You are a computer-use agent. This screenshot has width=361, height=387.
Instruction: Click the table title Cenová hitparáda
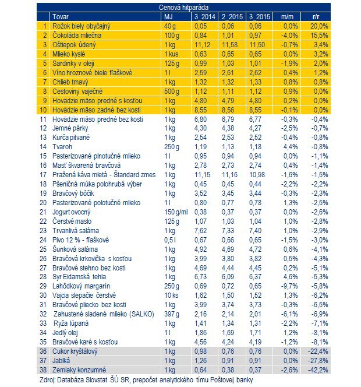pos(183,8)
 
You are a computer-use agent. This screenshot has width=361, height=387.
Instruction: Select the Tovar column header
pos(61,17)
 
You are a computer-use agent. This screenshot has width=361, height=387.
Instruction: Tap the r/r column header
pos(316,17)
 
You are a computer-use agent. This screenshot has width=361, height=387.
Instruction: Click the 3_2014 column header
pos(205,17)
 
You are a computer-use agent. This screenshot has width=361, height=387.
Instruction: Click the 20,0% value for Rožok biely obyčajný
pos(319,26)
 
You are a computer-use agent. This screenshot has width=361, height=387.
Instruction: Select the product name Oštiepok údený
pos(74,45)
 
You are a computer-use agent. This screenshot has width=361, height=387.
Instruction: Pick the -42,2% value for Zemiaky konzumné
pos(318,370)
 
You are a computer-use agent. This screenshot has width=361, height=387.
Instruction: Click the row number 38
pos(43,370)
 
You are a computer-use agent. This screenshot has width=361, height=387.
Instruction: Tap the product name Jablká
pos(61,361)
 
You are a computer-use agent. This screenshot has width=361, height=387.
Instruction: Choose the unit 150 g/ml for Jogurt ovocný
pos(176,212)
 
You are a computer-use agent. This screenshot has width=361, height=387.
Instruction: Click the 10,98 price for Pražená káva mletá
pos(257,175)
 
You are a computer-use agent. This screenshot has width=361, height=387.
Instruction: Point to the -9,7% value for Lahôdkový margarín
pos(289,286)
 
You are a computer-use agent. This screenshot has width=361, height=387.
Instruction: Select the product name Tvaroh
pos(62,147)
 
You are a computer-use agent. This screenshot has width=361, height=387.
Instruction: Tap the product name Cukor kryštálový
pos(75,351)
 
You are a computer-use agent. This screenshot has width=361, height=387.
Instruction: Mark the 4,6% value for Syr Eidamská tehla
pos(291,277)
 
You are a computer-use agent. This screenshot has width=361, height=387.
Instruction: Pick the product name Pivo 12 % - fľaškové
pos(80,240)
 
